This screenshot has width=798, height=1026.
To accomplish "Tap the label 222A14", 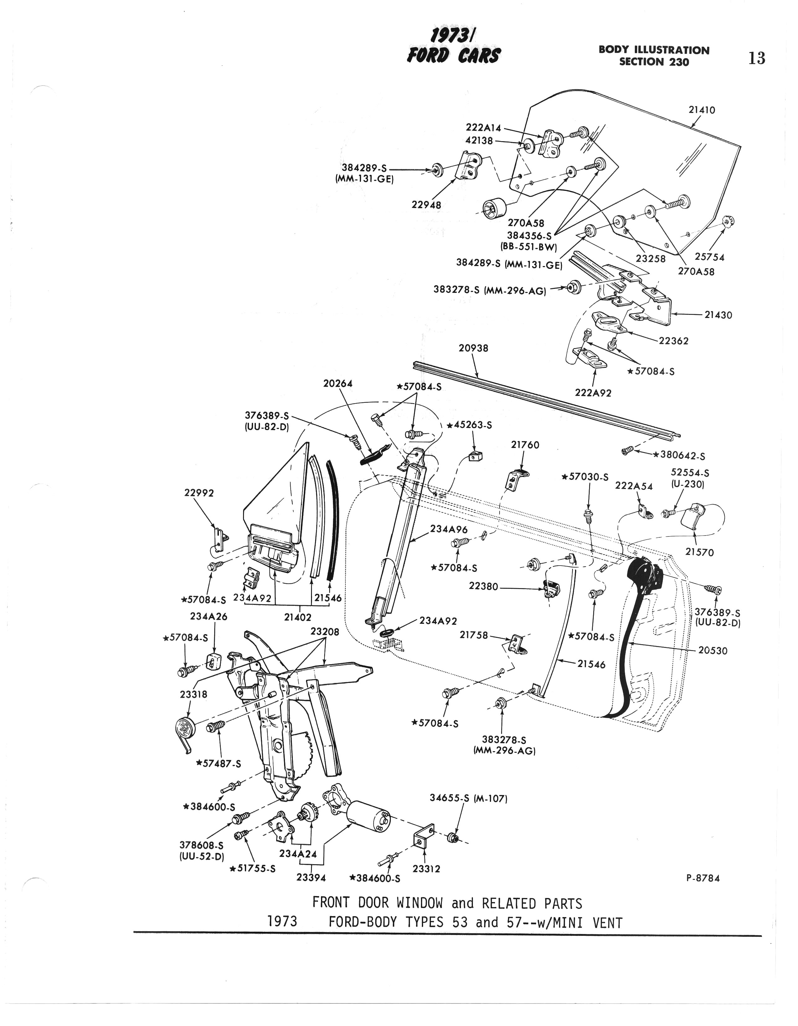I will click(x=484, y=128).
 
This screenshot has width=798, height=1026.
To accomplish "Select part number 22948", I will click(x=426, y=205).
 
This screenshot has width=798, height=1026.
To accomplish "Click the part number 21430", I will click(x=718, y=315).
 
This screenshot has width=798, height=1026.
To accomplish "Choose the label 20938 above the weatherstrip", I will click(x=473, y=348).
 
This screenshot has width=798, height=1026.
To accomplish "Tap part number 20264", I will click(x=338, y=384).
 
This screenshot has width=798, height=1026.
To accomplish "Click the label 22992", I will click(x=199, y=493).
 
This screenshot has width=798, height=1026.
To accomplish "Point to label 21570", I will click(x=699, y=552).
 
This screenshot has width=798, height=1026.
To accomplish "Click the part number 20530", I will click(x=712, y=651).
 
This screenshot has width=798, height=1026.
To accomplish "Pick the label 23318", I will click(x=194, y=694).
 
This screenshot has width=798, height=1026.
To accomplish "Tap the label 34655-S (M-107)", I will click(x=468, y=798).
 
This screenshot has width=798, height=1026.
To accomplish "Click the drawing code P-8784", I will click(x=703, y=878).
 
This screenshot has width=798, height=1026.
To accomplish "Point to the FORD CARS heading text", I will click(x=454, y=55).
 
